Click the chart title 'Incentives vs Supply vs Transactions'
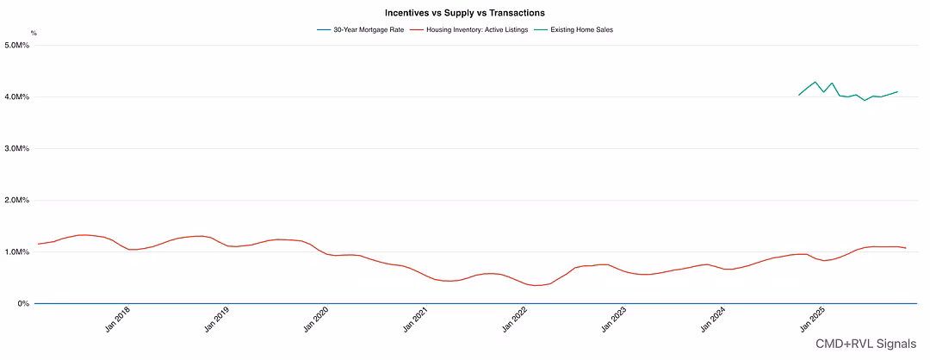click(464, 13)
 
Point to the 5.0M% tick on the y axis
click(17, 45)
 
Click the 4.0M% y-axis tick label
click(17, 96)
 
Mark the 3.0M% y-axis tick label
click(17, 148)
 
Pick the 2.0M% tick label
click(17, 200)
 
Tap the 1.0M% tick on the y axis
click(17, 251)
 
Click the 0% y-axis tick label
click(23, 303)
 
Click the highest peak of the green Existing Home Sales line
click(815, 82)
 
